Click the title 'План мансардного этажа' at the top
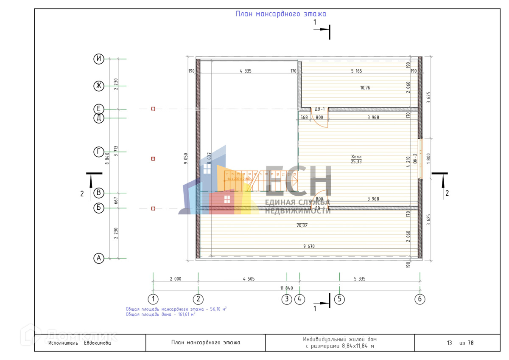click(x=281, y=14)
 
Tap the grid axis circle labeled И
click(x=99, y=59)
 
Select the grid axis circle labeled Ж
click(x=99, y=86)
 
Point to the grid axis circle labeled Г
click(x=99, y=152)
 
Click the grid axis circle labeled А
click(x=99, y=258)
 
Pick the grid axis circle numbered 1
click(x=153, y=299)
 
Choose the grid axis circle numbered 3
click(x=287, y=299)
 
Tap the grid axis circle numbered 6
click(x=420, y=299)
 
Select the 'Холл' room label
click(x=356, y=156)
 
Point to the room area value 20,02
click(x=302, y=225)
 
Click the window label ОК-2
click(x=416, y=158)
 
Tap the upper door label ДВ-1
click(x=320, y=109)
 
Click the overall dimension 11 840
click(x=287, y=288)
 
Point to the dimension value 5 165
click(x=356, y=71)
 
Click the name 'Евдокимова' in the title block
click(x=98, y=343)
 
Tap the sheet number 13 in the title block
click(x=449, y=343)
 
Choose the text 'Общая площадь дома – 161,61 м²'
click(x=160, y=315)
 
